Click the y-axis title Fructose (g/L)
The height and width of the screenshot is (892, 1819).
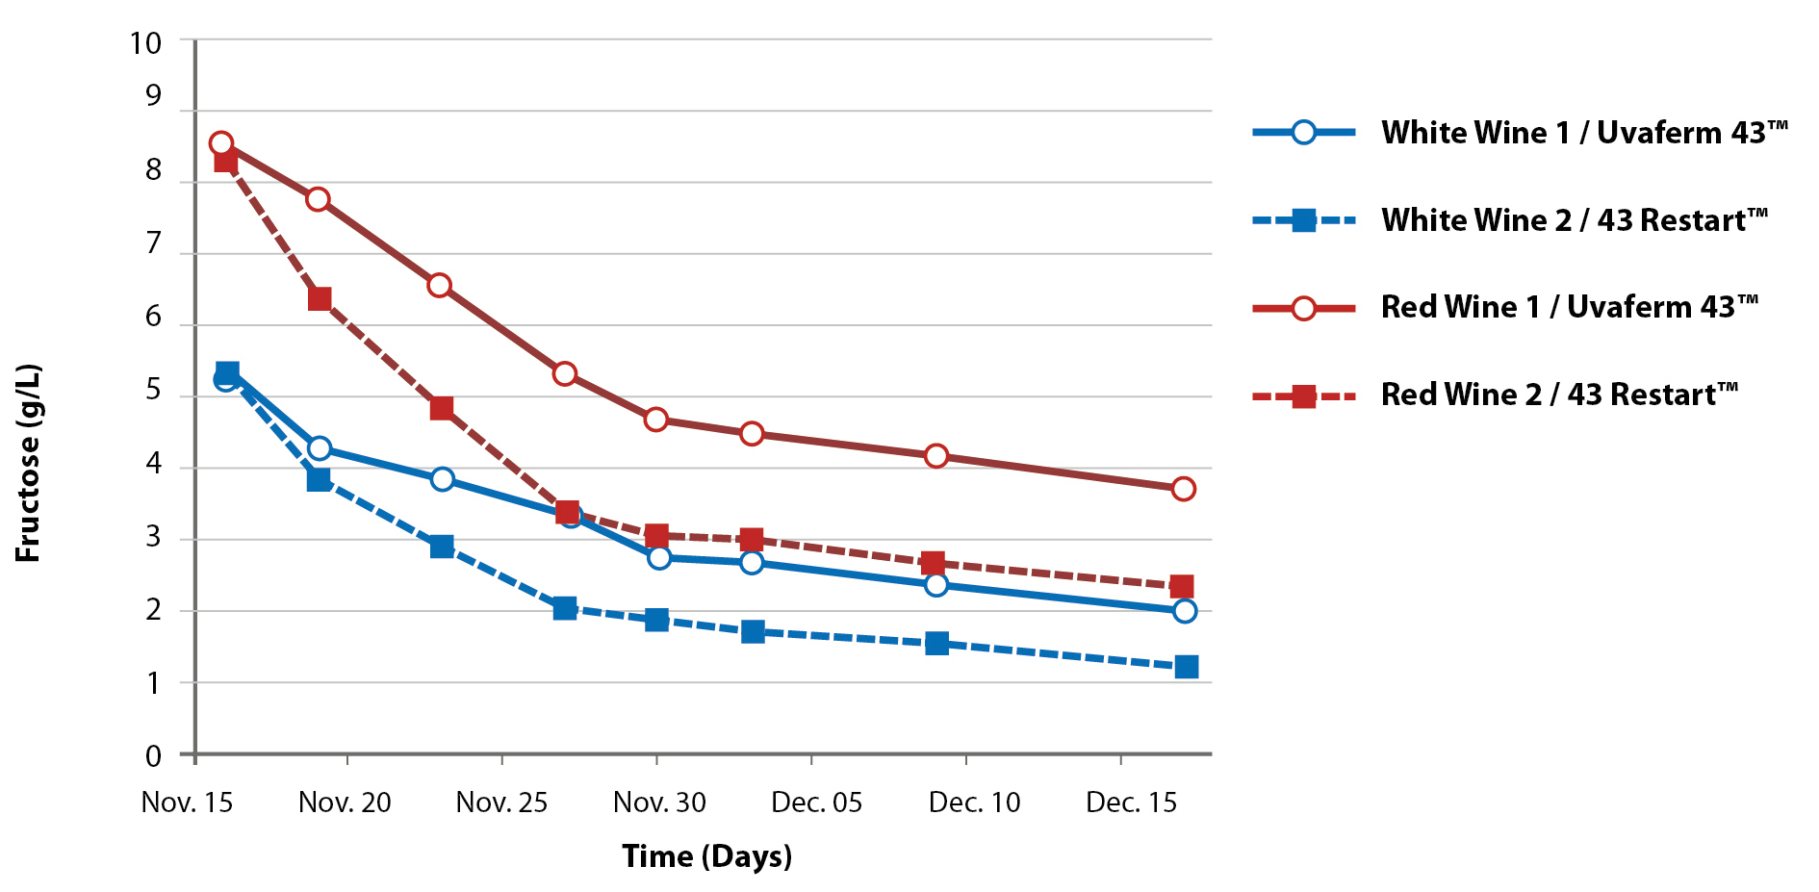(28, 463)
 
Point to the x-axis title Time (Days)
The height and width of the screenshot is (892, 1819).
(706, 855)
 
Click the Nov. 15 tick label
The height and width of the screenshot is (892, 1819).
(187, 803)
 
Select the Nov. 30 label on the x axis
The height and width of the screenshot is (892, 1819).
(659, 803)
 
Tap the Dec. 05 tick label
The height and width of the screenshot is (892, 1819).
(816, 803)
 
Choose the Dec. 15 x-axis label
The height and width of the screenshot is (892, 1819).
(1131, 803)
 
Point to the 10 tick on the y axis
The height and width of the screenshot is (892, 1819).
(146, 43)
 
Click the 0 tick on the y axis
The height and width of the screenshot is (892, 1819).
(154, 755)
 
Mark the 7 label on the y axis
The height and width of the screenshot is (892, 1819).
(154, 243)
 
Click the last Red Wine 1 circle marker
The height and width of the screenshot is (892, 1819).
(1184, 489)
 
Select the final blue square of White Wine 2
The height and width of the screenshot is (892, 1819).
(1187, 667)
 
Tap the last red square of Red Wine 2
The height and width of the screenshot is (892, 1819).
(1182, 586)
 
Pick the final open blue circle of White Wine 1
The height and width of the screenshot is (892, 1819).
(1185, 611)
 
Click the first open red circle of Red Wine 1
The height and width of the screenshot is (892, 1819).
(221, 143)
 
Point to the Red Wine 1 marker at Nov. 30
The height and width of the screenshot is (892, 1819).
(656, 420)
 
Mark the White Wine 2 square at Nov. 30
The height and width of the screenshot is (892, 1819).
(656, 620)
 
